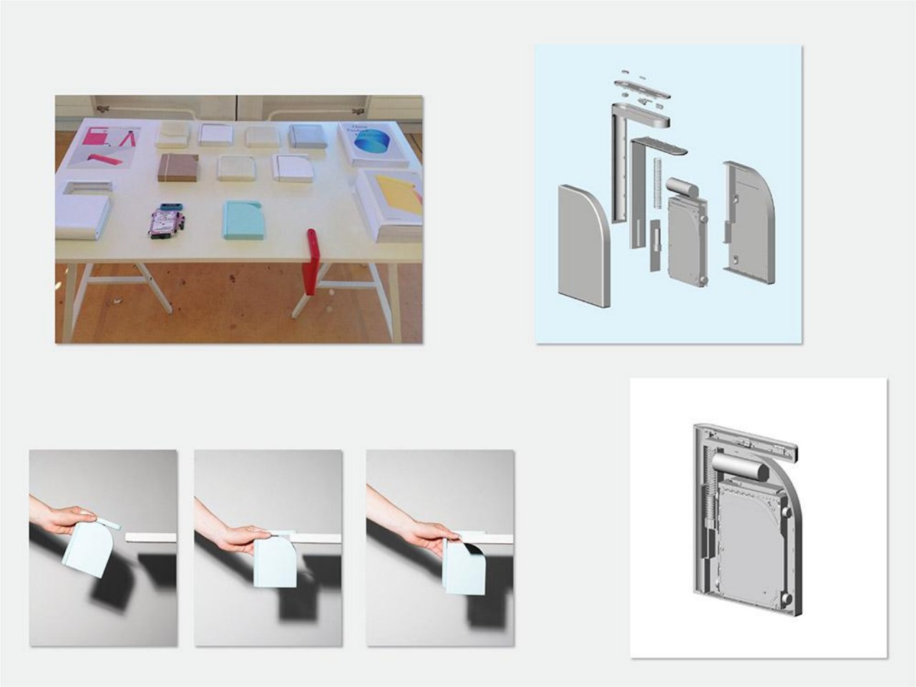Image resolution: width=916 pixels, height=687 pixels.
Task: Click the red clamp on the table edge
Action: coord(311,263)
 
